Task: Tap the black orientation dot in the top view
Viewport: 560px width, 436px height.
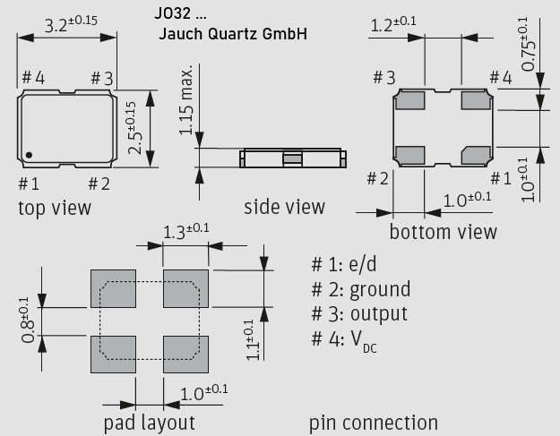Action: [x=30, y=155]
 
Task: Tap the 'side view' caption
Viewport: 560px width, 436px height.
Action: [x=284, y=208]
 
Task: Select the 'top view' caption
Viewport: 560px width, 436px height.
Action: [x=54, y=208]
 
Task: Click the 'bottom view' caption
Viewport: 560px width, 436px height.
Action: [x=443, y=232]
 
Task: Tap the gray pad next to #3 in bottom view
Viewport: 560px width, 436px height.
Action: [x=410, y=100]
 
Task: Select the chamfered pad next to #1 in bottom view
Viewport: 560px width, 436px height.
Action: [x=477, y=154]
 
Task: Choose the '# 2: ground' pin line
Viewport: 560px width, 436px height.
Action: [x=360, y=289]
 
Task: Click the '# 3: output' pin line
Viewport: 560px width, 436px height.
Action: [x=358, y=314]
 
